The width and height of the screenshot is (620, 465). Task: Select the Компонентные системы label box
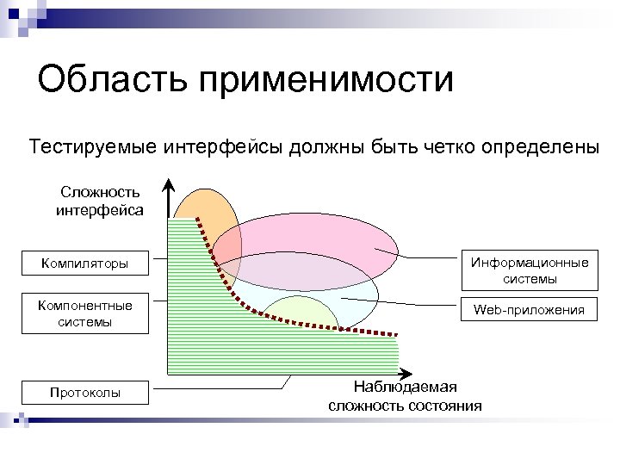click(x=84, y=313)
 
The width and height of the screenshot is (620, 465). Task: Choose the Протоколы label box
click(x=84, y=393)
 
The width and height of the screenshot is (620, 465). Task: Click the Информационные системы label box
click(x=529, y=270)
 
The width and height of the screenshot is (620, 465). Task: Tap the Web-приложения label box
click(x=529, y=310)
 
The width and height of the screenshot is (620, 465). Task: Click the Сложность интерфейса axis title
click(x=100, y=200)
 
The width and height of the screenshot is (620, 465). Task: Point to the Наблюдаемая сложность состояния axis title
click(x=405, y=396)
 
